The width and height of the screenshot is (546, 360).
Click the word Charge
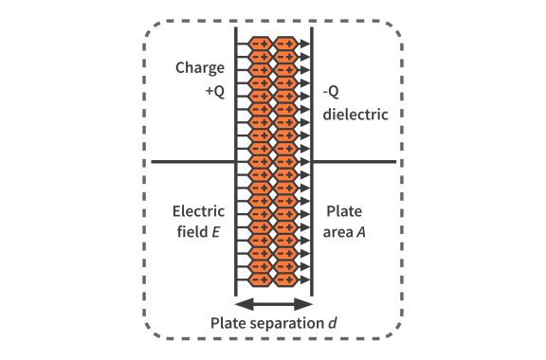pyautogui.click(x=199, y=68)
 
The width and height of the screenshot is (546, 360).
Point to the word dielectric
pyautogui.click(x=355, y=115)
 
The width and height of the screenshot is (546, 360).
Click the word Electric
pyautogui.click(x=198, y=210)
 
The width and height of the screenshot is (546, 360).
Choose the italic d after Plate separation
pyautogui.click(x=333, y=324)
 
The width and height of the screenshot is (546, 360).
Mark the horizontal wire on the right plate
pyautogui.click(x=355, y=162)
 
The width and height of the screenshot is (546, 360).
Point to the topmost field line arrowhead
pyautogui.click(x=304, y=44)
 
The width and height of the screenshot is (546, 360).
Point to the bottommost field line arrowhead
pyautogui.click(x=304, y=280)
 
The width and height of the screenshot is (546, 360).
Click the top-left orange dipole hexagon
pyautogui.click(x=260, y=44)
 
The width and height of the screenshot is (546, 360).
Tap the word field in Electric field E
pyautogui.click(x=194, y=233)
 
